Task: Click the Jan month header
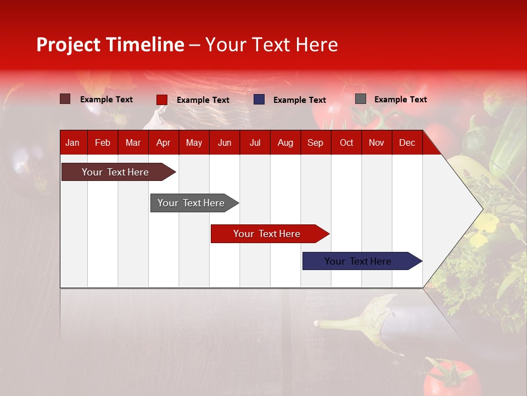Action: point(72,142)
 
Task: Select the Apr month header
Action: point(163,142)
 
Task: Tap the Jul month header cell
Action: point(255,142)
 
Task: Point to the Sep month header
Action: point(315,142)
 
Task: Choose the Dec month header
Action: point(407,142)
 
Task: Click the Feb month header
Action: point(103,142)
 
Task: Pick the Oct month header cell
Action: point(346,142)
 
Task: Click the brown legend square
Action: point(65,99)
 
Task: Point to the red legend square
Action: point(161,100)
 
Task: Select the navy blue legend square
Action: point(259,100)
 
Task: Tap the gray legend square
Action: point(360,99)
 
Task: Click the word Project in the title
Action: point(69,45)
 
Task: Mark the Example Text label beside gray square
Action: point(400,100)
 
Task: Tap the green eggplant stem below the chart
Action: point(373,319)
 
